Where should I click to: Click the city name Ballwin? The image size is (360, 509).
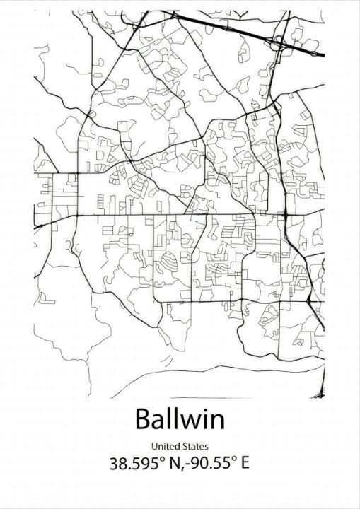click(x=180, y=419)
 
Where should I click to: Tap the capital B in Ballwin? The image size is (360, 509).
click(x=144, y=419)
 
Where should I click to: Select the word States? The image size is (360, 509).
click(x=194, y=446)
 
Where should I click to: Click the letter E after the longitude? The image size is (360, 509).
click(x=244, y=464)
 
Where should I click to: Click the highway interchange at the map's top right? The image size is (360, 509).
click(x=283, y=44)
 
